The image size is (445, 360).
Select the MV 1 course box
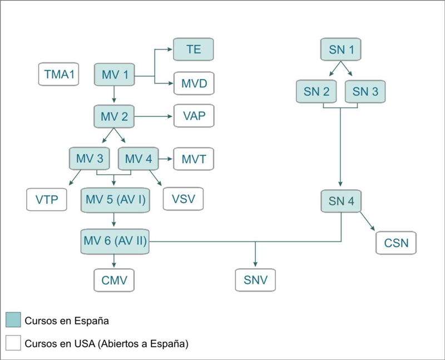point(115,74)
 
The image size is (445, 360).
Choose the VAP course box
point(194,116)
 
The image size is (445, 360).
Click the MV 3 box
point(89,159)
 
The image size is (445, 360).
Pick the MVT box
point(194,159)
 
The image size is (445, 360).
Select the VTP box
point(47,199)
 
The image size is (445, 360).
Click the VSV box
point(183,198)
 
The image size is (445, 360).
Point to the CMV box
point(115,280)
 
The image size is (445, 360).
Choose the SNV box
point(255,280)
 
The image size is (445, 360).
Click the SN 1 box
point(341,50)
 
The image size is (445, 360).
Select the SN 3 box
point(365,91)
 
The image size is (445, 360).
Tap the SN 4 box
point(341,200)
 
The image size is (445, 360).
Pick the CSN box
point(396,243)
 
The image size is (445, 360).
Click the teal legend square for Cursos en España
point(13,320)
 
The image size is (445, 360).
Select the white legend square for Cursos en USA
point(13,343)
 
